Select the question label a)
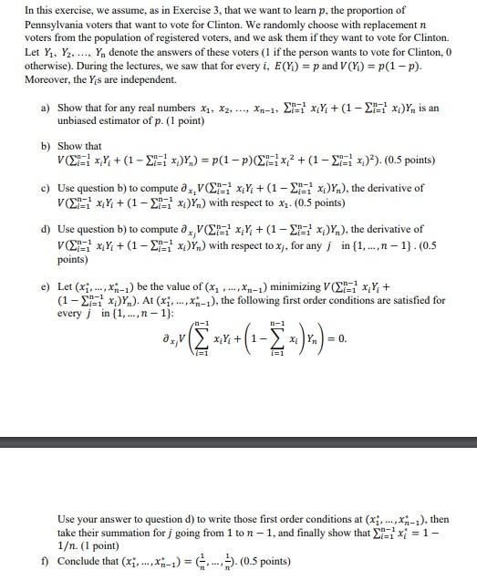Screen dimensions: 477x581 tap(46, 108)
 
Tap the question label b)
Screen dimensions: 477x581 tap(46, 146)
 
